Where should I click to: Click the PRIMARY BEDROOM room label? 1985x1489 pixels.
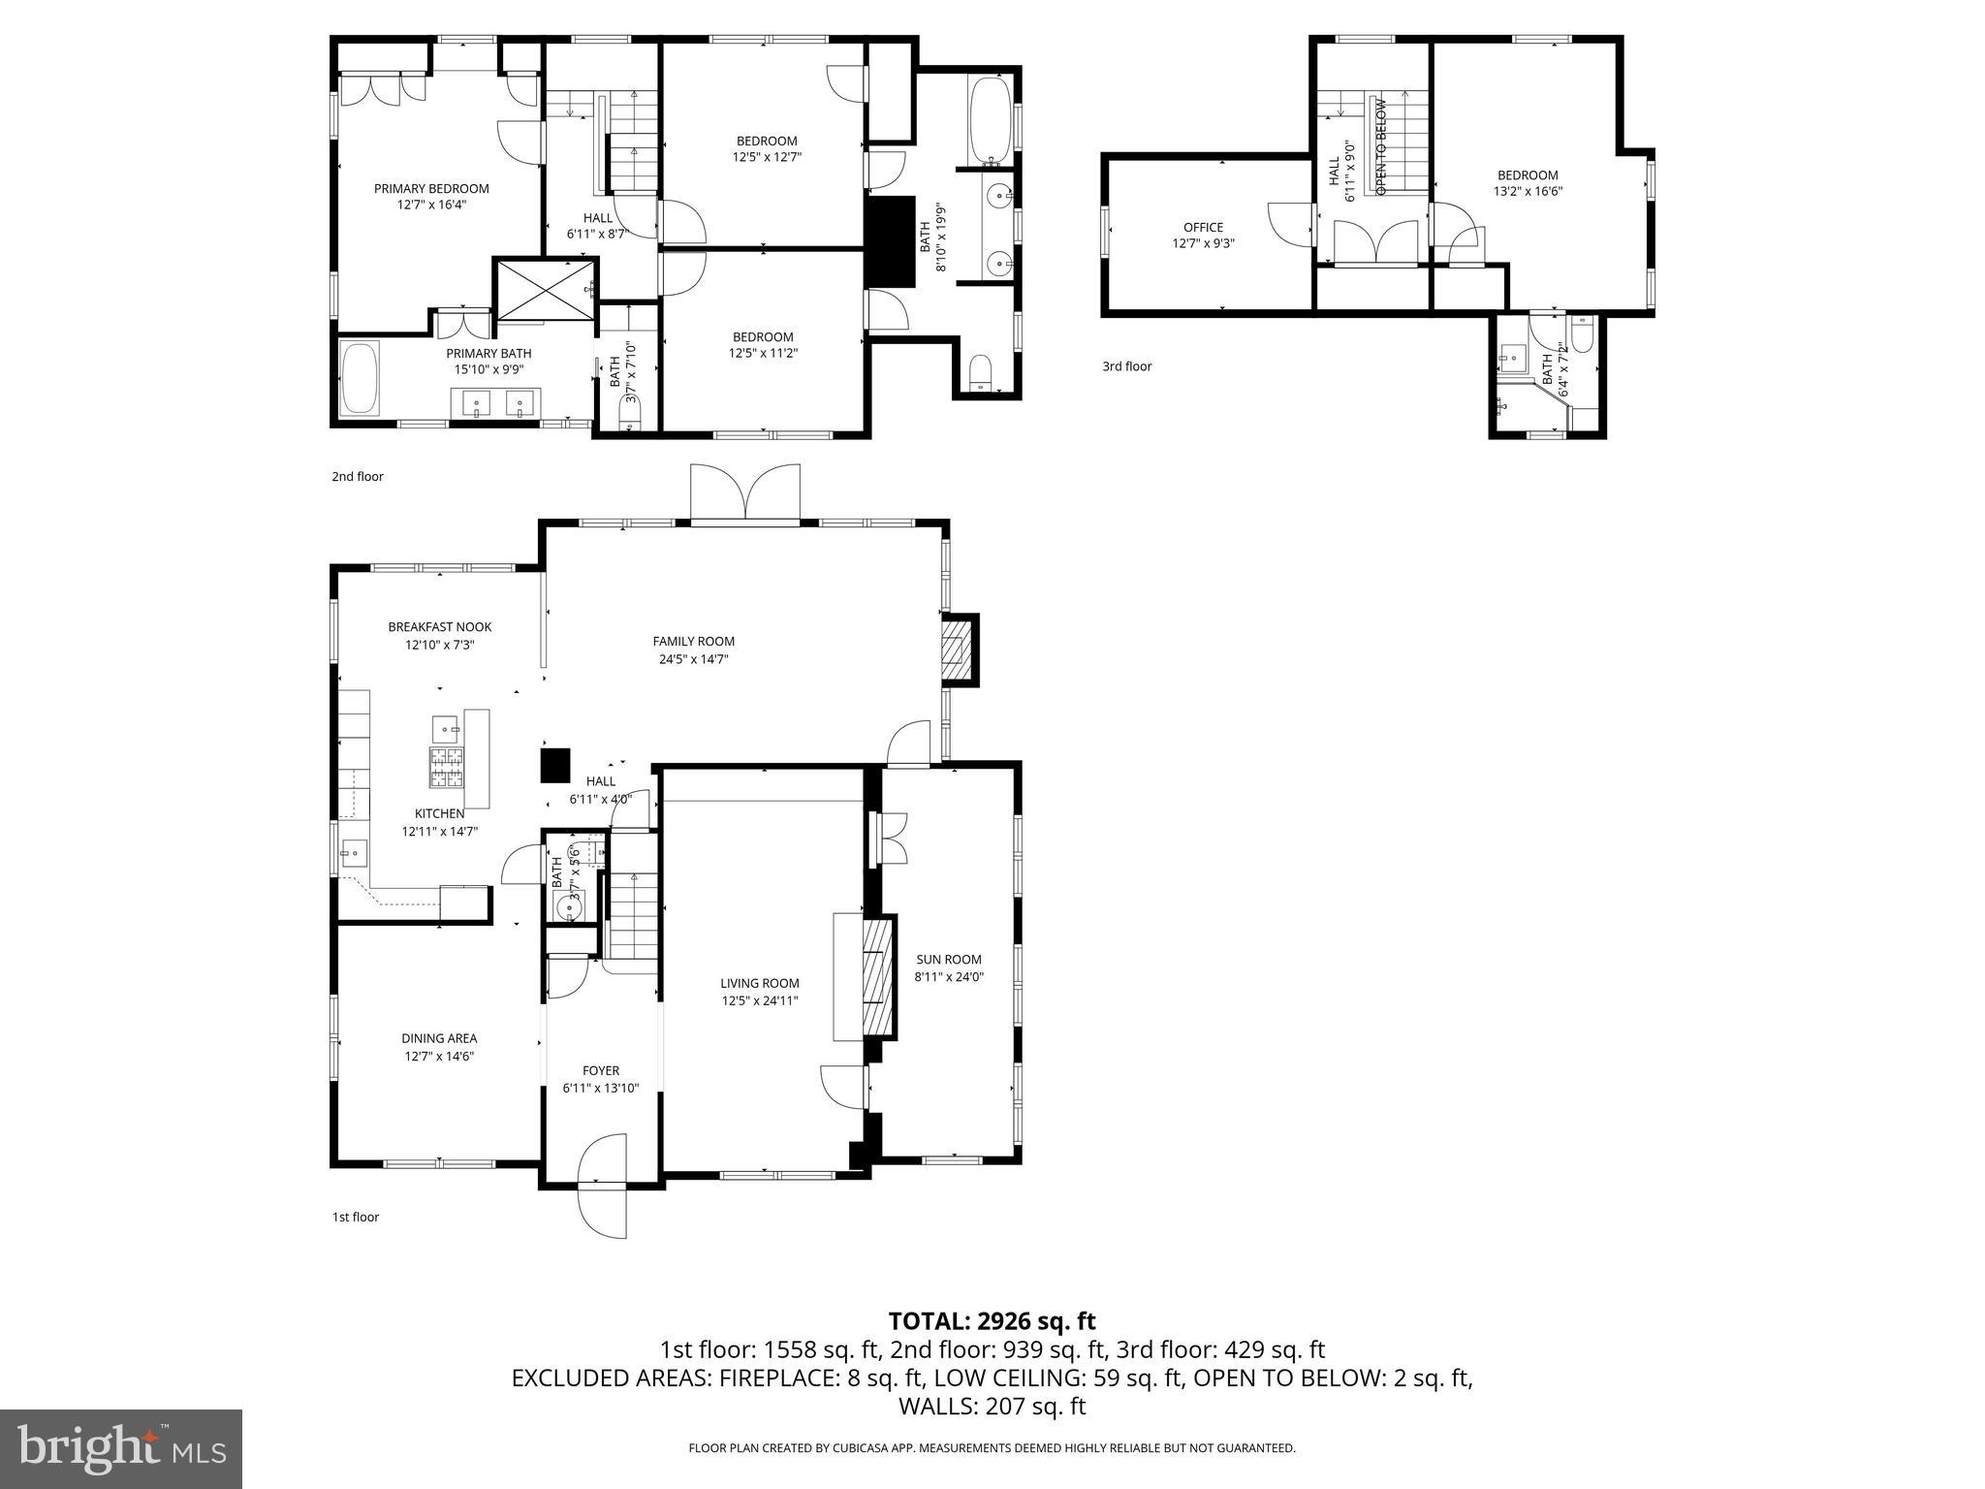tap(431, 189)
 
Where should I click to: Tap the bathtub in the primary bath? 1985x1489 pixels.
tap(360, 379)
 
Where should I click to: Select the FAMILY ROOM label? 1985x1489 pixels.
tap(693, 641)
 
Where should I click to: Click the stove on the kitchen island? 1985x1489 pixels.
tap(447, 768)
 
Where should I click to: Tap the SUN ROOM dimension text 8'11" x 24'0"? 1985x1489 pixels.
tap(949, 977)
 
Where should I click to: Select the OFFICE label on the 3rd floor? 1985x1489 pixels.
tap(1203, 228)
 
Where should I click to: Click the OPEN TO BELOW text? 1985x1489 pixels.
tap(1381, 145)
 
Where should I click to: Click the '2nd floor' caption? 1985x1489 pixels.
tap(358, 477)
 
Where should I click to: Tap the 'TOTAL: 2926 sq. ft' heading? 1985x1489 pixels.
tap(992, 1320)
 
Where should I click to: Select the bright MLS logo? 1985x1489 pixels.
tap(121, 1448)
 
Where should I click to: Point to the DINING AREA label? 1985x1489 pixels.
tap(440, 1038)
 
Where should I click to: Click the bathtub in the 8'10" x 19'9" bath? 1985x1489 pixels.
tap(989, 121)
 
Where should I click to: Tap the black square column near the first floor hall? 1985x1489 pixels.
tap(554, 765)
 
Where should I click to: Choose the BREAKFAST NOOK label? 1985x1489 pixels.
tap(439, 627)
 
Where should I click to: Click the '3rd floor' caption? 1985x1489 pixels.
tap(1126, 366)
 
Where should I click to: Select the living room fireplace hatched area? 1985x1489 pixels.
tap(878, 976)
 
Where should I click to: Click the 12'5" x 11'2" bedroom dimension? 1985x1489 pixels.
tap(763, 354)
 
